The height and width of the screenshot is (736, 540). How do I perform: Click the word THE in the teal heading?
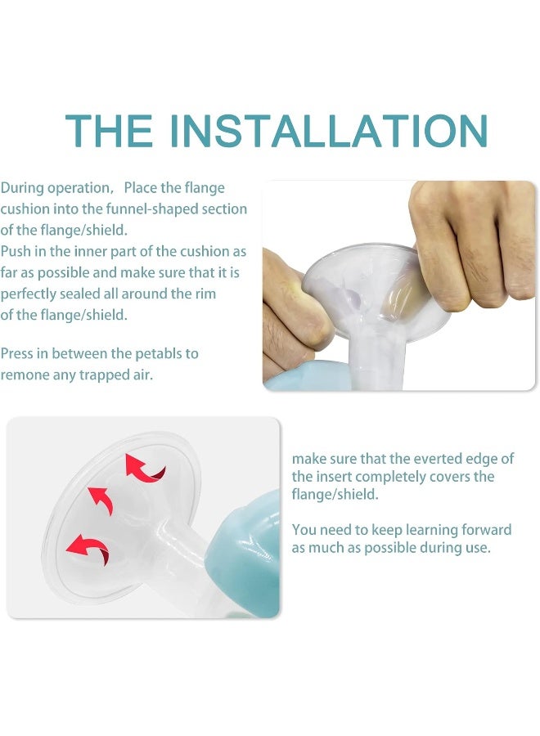point(109,131)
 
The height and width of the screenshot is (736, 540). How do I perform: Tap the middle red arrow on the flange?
point(101,500)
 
